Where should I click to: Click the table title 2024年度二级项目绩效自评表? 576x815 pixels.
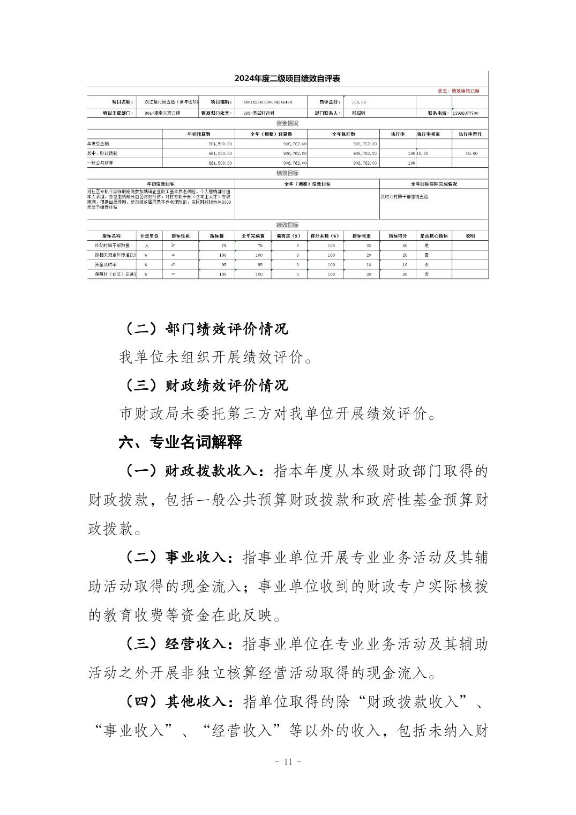[x=287, y=79]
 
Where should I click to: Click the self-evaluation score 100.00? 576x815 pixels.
[x=358, y=102]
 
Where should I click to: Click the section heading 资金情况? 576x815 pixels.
[x=287, y=123]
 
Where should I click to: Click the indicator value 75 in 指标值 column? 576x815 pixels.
[x=223, y=246]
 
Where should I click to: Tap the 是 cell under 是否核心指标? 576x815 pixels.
[x=426, y=246]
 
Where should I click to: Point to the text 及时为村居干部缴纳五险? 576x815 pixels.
[x=404, y=197]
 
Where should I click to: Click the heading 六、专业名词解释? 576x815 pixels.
[x=180, y=442]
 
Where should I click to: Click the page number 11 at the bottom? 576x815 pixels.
[x=288, y=762]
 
